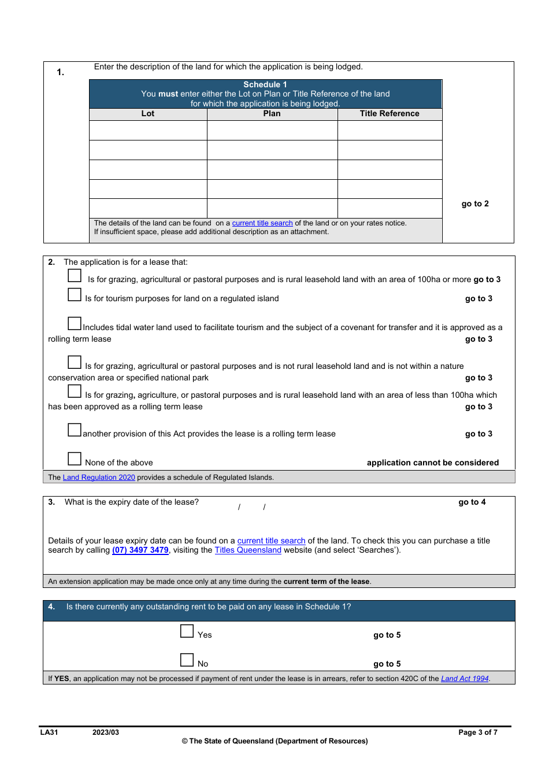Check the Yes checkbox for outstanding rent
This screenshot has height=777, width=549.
coord(187,631)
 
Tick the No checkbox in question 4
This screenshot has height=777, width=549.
coord(187,660)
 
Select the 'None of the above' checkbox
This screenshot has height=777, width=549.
coord(75,458)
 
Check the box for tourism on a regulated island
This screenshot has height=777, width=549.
coord(75,294)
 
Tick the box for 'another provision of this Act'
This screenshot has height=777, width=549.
coord(75,430)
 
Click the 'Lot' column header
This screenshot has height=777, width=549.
coord(148,114)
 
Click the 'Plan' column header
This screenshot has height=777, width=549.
coord(272,114)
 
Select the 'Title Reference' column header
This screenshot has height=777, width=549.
coord(390,114)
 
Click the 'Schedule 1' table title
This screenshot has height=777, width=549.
coord(265,84)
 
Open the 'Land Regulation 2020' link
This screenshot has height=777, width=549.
coord(99,478)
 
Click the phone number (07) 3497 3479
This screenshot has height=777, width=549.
coord(140,550)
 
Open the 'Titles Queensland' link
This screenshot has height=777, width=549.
coord(248,550)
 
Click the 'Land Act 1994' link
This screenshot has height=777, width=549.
coord(465,679)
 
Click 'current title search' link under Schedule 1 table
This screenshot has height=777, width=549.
coord(262,223)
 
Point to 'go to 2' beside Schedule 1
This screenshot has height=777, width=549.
coord(475,204)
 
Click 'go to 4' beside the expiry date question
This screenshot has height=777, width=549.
coord(472,502)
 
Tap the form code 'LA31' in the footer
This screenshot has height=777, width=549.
coord(49,732)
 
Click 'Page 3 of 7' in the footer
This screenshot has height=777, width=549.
coord(477,732)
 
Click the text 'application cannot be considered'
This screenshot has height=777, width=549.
coord(432,463)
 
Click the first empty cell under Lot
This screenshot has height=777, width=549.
coord(148,130)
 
